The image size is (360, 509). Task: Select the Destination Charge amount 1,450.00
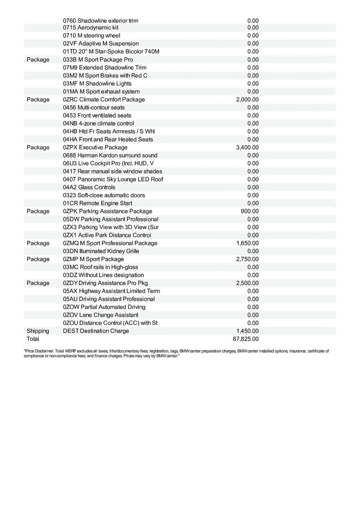point(247,331)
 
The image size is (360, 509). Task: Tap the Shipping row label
point(38,331)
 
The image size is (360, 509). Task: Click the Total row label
point(33,339)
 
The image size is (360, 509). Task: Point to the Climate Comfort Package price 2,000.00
point(247,100)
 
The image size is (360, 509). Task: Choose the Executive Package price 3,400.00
point(247,148)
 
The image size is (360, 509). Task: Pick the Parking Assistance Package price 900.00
point(250,211)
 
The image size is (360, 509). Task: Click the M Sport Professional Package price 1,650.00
point(247,243)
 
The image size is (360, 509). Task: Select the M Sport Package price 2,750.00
point(247,259)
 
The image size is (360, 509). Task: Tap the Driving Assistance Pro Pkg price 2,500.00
point(247,283)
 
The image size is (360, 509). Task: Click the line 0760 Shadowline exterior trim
point(101,21)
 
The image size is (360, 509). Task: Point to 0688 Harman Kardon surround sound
point(110,155)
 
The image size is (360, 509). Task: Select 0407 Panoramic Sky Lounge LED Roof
point(113,179)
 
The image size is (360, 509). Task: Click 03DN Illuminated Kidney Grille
point(101,251)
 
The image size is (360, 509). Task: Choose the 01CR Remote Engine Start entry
point(98,203)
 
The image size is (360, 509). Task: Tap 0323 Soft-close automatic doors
point(104,195)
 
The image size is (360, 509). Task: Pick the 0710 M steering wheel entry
point(92,36)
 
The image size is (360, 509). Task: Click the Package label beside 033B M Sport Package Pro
point(38,60)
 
